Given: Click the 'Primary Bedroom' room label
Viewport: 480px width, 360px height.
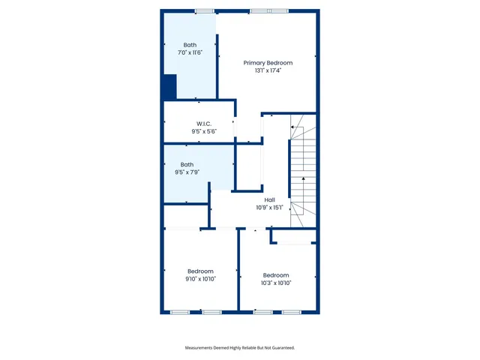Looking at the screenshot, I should (x=268, y=63).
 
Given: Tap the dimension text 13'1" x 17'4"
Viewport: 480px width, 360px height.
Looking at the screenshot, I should (x=268, y=71).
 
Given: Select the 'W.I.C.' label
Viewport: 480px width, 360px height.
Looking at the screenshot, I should (x=203, y=123).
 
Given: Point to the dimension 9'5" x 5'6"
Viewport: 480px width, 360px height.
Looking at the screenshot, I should (x=203, y=131).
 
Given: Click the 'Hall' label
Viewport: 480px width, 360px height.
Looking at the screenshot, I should (x=269, y=199).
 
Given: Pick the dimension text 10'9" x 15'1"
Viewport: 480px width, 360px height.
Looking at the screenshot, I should (x=269, y=208).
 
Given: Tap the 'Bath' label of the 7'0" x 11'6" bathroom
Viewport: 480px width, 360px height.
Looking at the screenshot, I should (x=190, y=45).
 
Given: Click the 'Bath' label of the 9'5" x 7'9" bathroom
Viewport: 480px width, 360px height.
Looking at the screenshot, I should (x=187, y=164).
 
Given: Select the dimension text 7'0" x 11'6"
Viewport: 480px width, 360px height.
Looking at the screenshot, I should (x=190, y=53).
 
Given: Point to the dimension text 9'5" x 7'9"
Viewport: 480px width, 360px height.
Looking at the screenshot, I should (x=187, y=172).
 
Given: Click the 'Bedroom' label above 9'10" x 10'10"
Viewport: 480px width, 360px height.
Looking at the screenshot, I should (x=200, y=271).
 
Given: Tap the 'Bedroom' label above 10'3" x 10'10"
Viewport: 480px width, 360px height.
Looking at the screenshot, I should (x=276, y=274).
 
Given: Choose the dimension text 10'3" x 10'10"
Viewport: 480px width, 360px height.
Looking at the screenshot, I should (x=276, y=283).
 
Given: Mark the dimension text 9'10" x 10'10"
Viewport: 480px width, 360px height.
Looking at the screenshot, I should (x=200, y=279).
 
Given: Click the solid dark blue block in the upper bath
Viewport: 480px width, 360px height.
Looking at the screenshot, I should (x=169, y=87).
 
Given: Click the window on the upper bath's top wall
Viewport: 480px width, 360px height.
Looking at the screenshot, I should (x=203, y=10).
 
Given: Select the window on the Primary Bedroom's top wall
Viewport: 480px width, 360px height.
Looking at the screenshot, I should (x=268, y=10).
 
